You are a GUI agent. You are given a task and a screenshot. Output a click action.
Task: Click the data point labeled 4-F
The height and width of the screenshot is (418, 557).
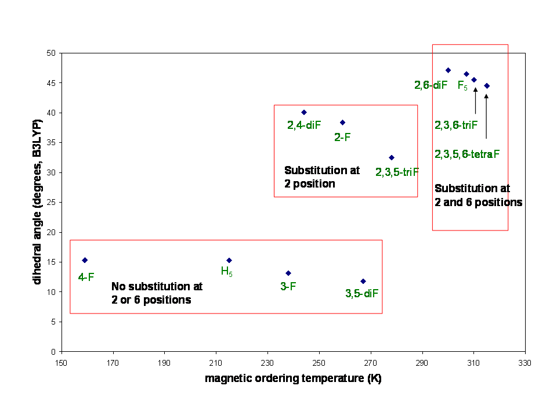[x=85, y=260]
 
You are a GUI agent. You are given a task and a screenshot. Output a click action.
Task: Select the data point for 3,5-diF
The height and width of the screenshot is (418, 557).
[x=363, y=281]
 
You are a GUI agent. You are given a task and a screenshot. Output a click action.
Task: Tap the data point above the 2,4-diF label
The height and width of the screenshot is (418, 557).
[x=304, y=112]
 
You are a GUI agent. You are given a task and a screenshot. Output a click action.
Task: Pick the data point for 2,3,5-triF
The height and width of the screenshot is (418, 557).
[x=392, y=157]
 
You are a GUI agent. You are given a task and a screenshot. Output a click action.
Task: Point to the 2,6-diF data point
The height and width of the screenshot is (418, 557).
[x=448, y=70]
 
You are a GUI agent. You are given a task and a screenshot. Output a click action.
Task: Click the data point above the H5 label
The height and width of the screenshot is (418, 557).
[x=229, y=261]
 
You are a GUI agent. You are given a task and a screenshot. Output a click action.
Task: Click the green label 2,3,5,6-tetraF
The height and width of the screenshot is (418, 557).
[x=466, y=154]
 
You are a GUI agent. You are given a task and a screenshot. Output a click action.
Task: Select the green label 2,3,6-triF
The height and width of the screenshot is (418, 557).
[x=456, y=125]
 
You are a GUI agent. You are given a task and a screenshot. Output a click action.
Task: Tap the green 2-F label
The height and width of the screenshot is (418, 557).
[x=342, y=137]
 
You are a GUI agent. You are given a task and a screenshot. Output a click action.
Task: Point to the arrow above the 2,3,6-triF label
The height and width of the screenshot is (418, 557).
[x=476, y=100]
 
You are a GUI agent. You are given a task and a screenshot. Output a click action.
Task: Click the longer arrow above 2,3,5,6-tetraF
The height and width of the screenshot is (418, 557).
[x=486, y=116]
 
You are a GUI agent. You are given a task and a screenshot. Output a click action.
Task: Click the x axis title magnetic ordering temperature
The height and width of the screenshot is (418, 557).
[x=293, y=379]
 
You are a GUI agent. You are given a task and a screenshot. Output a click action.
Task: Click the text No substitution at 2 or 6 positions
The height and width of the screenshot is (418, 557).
[x=157, y=293]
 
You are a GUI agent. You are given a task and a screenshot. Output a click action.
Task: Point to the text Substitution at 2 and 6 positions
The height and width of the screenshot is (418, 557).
[x=478, y=196]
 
